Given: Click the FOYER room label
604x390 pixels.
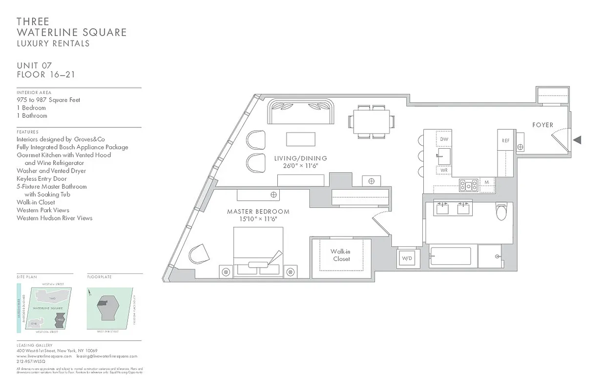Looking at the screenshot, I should (x=542, y=125).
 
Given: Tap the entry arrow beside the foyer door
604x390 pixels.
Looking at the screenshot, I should (x=577, y=140).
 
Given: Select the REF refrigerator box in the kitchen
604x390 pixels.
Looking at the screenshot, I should (x=506, y=140).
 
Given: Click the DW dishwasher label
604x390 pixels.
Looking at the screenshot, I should (x=444, y=139).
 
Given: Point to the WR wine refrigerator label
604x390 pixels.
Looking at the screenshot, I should (x=444, y=171).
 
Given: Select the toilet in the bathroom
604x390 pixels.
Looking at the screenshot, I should (x=501, y=212).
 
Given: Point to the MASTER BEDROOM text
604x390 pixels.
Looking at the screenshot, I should (x=258, y=212).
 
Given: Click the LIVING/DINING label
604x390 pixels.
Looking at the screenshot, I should (x=300, y=158).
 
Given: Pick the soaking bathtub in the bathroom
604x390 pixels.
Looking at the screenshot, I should (x=450, y=256).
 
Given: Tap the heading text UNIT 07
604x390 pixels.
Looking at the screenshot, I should (x=34, y=66).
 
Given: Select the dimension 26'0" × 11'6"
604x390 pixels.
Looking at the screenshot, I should (x=300, y=166).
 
